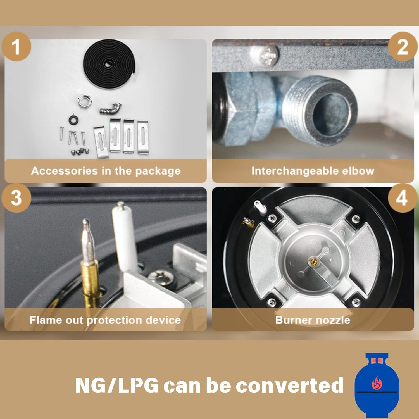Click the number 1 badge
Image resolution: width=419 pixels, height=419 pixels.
point(16,46)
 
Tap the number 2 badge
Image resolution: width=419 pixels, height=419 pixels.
point(402,46)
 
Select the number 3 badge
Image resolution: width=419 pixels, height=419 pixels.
point(16,197)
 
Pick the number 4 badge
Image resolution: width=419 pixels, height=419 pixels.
point(402,197)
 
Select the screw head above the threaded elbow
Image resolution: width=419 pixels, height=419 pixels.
point(264,55)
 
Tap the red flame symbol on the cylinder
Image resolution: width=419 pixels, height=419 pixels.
point(376,383)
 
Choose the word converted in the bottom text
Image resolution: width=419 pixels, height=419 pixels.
point(289,385)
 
